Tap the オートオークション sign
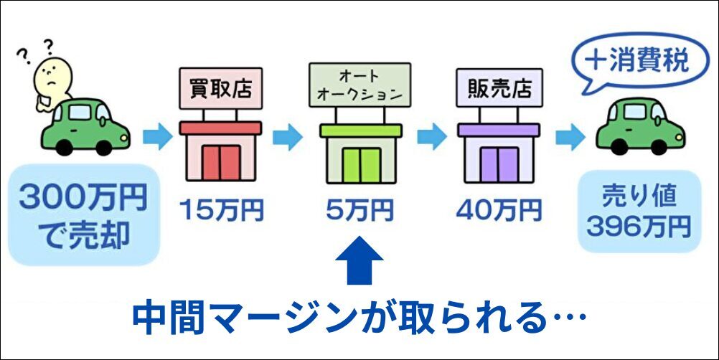(x=360, y=85)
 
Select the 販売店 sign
(x=499, y=90)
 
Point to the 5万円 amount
(x=359, y=211)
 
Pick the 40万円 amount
(x=499, y=211)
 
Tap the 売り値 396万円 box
(x=638, y=212)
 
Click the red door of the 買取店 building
(x=220, y=163)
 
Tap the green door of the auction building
(x=360, y=164)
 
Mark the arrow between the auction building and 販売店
(x=431, y=136)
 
